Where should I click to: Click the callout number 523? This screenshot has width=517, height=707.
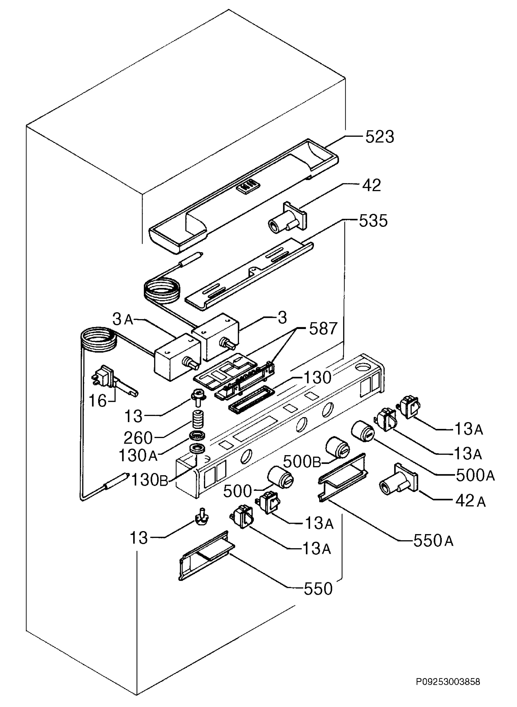(x=380, y=137)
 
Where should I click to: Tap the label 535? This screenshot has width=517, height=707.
(x=373, y=221)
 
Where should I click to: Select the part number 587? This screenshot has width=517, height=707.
(x=323, y=329)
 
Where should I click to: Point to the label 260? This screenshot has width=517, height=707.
(x=138, y=438)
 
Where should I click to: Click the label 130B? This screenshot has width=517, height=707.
(x=150, y=480)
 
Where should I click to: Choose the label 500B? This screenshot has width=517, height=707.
(x=302, y=462)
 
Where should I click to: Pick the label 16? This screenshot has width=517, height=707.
(x=98, y=401)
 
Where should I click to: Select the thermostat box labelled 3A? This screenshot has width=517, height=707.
(x=177, y=357)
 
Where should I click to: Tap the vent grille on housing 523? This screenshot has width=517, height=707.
(x=248, y=187)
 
